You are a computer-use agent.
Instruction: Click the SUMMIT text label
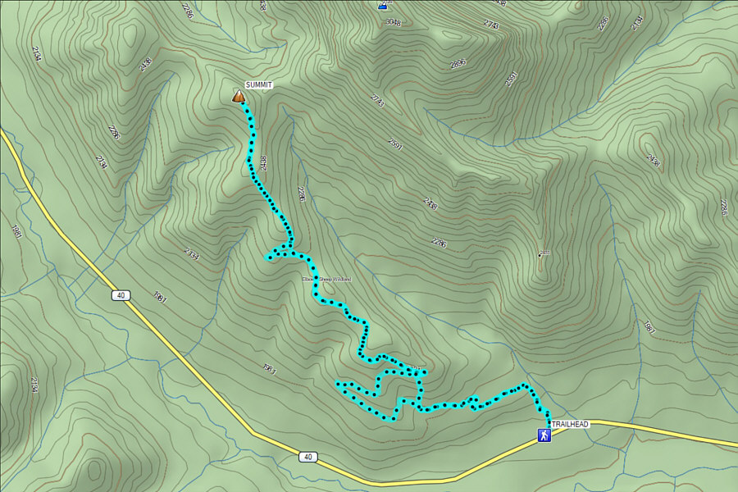coord(259,85)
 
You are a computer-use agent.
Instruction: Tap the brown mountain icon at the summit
coord(239,97)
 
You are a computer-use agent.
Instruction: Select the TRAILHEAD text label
coord(569,424)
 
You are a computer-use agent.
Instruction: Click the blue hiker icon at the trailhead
coord(543,435)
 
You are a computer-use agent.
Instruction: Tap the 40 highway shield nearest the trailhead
coord(307,457)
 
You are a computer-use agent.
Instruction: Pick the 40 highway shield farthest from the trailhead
coord(120,294)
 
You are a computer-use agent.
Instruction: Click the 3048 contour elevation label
coord(393,22)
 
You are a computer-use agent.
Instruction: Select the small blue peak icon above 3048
coord(382,5)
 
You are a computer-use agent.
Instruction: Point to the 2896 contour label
coord(458,63)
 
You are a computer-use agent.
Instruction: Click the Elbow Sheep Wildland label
coord(327,280)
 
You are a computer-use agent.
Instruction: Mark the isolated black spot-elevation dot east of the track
coord(540,255)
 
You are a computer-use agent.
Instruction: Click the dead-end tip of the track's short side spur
coord(268,259)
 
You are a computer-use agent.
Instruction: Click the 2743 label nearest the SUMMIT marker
coord(377,99)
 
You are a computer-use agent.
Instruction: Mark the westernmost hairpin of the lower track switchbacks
coord(338,384)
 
